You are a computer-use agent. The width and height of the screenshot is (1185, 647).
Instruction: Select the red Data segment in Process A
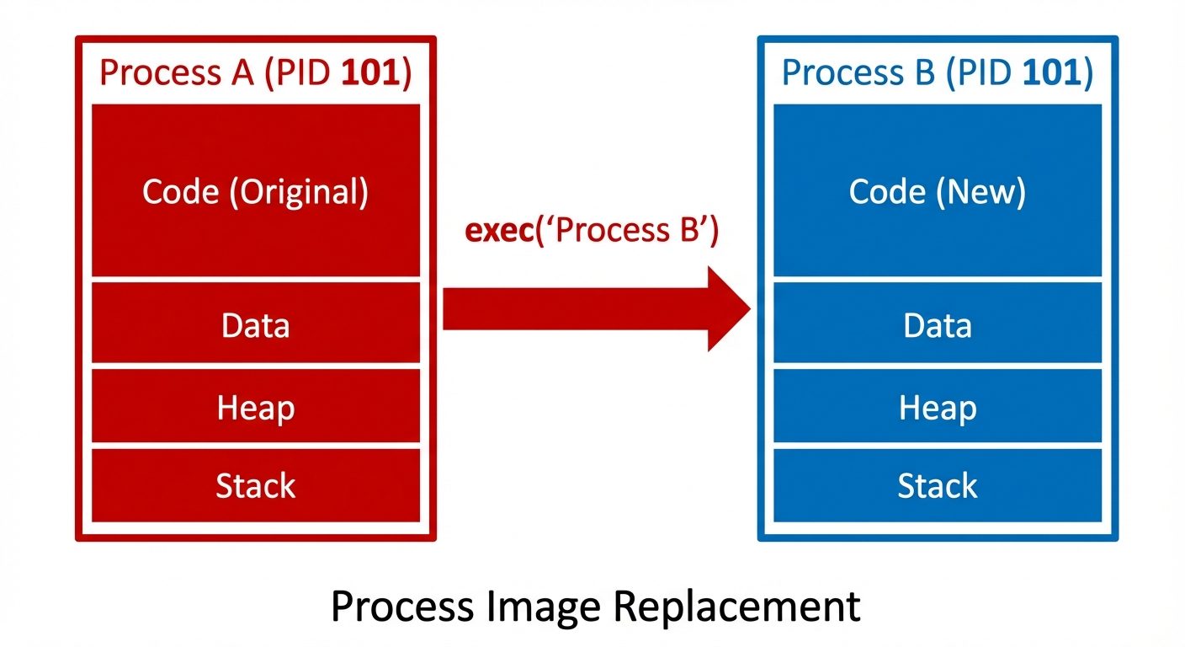[x=255, y=323]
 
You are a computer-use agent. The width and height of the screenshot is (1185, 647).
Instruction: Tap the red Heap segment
[x=255, y=407]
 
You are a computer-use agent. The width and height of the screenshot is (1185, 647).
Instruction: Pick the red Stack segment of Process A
[x=255, y=485]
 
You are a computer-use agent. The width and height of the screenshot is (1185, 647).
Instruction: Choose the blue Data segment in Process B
[x=937, y=323]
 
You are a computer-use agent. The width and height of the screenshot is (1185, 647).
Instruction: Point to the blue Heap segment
[x=937, y=407]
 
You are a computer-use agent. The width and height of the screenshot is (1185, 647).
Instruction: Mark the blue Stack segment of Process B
[x=937, y=485]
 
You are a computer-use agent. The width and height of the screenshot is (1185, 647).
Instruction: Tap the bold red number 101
[x=369, y=73]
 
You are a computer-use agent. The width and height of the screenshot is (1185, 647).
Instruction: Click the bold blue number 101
[x=1051, y=73]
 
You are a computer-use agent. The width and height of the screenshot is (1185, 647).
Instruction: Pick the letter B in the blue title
[x=924, y=73]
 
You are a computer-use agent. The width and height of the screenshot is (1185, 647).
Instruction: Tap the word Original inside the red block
[x=303, y=192]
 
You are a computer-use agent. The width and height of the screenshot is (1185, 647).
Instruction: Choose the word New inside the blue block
[x=985, y=192]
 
